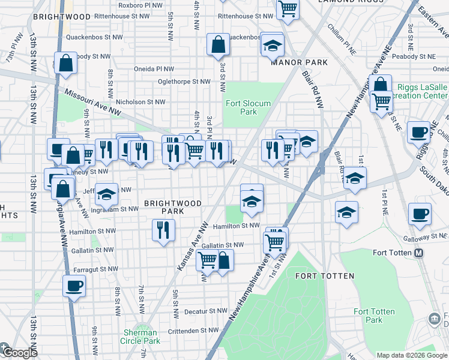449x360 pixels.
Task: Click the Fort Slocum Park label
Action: tap(249, 107)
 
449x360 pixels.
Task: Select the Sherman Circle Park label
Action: tap(142, 337)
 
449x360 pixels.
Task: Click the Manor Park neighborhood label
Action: tap(299, 62)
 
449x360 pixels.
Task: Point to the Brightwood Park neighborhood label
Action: tap(172, 208)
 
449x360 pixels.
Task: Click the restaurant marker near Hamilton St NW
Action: tap(163, 229)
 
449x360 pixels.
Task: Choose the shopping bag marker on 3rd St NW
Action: tap(218, 44)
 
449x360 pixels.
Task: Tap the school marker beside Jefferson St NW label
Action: tap(107, 194)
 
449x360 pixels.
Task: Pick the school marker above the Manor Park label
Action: tap(273, 45)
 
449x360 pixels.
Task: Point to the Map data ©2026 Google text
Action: tap(412, 354)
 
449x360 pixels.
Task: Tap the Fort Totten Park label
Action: tap(374, 316)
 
